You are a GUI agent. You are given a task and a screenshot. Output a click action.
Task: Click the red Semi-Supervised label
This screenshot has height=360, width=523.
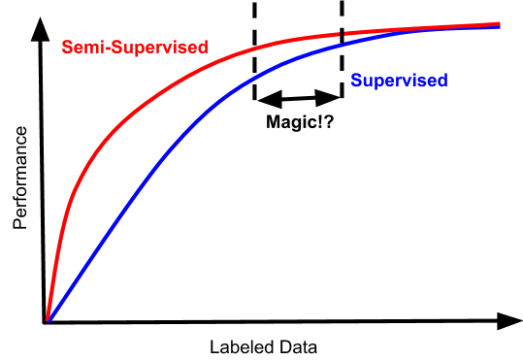click(x=134, y=47)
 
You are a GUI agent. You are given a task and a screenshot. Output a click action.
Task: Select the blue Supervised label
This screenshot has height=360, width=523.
click(x=399, y=82)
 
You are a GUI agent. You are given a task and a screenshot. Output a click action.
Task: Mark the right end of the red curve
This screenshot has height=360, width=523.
click(x=499, y=23)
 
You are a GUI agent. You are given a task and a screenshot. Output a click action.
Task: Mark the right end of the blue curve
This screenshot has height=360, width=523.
click(x=499, y=27)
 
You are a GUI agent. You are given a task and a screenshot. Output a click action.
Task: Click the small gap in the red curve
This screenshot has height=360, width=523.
click(x=342, y=34)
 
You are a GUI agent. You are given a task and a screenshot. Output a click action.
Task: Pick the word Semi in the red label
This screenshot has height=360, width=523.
click(x=80, y=47)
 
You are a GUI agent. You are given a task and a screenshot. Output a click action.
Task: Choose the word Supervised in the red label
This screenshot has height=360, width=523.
click(x=156, y=47)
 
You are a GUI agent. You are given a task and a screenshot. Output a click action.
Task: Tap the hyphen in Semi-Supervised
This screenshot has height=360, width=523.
click(x=102, y=48)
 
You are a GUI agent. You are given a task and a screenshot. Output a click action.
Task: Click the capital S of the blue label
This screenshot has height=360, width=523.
click(x=356, y=82)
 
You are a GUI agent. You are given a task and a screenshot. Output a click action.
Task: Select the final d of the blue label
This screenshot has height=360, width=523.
click(x=442, y=82)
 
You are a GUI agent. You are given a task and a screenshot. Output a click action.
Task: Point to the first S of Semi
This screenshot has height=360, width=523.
click(x=66, y=47)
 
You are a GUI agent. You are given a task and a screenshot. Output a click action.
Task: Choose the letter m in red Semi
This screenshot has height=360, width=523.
click(x=88, y=48)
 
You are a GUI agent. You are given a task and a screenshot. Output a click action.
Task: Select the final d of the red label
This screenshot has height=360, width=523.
click(x=202, y=47)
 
